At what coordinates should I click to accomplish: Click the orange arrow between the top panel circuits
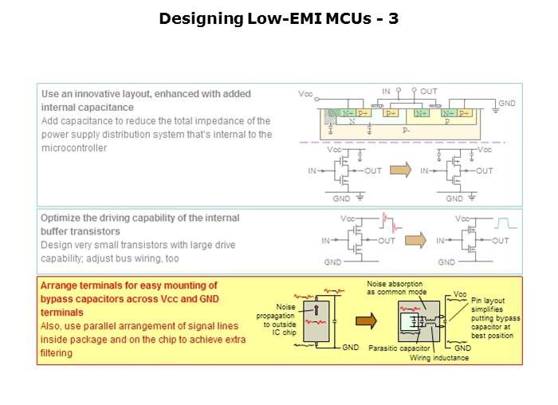[404, 170]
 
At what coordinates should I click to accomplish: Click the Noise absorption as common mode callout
[396, 288]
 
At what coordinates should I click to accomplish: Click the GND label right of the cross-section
[508, 104]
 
